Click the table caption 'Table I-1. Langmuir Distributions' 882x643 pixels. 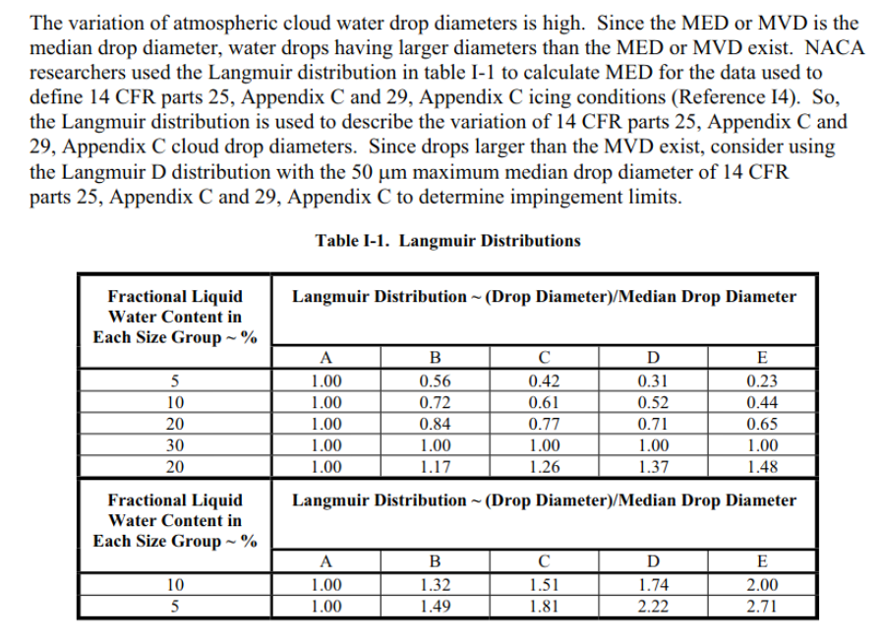pos(447,240)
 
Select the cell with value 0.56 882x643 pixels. pos(435,380)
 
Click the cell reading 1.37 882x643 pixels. pos(652,467)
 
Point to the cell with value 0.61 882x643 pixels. pos(544,402)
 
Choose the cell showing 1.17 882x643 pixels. pos(435,467)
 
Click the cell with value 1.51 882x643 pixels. pos(544,584)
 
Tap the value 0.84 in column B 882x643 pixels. pos(435,424)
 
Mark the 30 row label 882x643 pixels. pos(174,445)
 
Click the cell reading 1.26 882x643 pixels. pos(544,467)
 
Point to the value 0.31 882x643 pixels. pos(652,380)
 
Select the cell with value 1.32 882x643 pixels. pos(435,584)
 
